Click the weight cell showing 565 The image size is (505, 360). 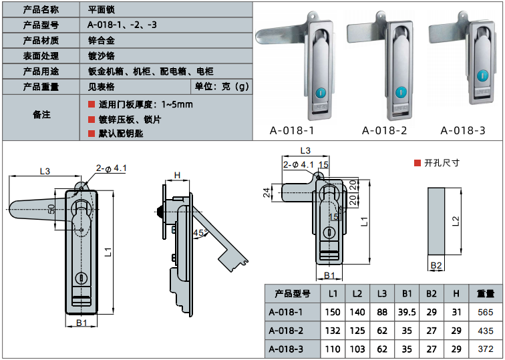tap(485, 312)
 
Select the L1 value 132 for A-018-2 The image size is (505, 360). tap(333, 331)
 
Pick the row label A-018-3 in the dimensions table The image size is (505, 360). tap(286, 349)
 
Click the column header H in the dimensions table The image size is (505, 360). tap(456, 293)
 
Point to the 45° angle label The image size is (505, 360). tap(198, 232)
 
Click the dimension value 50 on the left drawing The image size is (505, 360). tap(51, 209)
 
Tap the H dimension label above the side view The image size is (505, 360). tap(177, 175)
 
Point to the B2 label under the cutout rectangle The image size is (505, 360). tap(436, 266)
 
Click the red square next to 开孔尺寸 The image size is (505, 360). tap(417, 163)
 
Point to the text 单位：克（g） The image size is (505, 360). tap(221, 86)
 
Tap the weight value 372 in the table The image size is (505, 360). tap(485, 349)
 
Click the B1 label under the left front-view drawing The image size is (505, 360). tap(81, 323)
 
